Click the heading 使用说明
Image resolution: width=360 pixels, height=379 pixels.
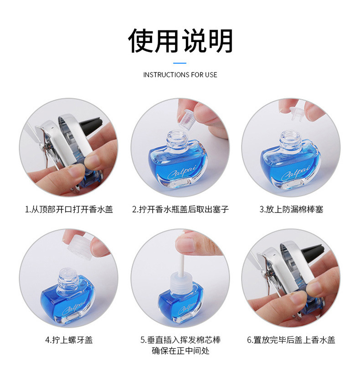pos(180,41)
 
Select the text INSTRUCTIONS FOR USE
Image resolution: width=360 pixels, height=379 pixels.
pos(180,74)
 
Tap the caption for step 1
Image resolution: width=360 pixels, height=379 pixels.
pos(69,209)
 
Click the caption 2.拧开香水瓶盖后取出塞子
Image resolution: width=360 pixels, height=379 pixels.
pos(180,209)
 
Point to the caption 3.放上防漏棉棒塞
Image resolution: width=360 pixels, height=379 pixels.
pos(291,209)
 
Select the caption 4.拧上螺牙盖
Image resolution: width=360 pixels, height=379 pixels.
pos(69,340)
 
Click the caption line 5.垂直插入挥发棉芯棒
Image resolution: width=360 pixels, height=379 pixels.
pos(180,340)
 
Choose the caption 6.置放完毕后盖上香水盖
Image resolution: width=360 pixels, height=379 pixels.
pos(291,340)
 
